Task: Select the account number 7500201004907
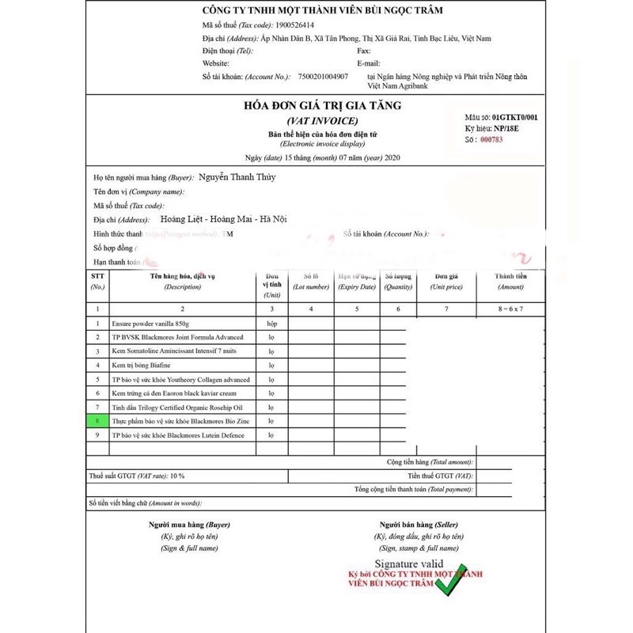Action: pyautogui.click(x=323, y=77)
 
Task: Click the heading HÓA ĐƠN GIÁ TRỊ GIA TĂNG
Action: pyautogui.click(x=324, y=106)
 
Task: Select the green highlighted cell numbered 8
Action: pyautogui.click(x=98, y=421)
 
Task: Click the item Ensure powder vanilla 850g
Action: pyautogui.click(x=150, y=324)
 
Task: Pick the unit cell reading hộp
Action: pyautogui.click(x=271, y=324)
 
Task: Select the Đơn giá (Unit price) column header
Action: pyautogui.click(x=446, y=282)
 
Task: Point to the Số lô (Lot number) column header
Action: pyautogui.click(x=311, y=282)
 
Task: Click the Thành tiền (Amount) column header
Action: pyautogui.click(x=510, y=282)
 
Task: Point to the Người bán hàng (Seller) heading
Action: pyautogui.click(x=419, y=525)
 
